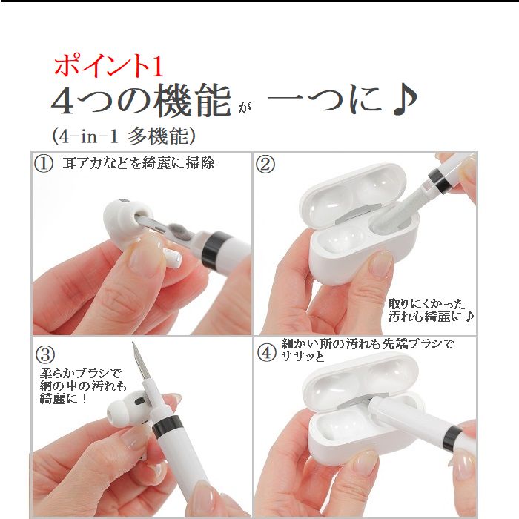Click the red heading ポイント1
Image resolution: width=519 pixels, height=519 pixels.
tap(108, 66)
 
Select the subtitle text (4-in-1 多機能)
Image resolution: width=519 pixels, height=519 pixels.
tap(123, 136)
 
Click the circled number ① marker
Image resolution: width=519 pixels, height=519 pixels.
tap(44, 164)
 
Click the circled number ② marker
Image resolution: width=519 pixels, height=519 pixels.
tap(265, 165)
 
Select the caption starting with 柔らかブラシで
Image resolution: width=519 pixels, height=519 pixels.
tap(82, 386)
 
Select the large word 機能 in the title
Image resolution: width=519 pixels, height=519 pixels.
tap(192, 102)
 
